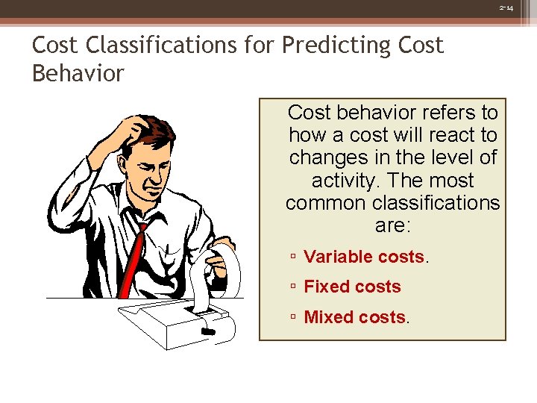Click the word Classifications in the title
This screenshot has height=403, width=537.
coord(178,46)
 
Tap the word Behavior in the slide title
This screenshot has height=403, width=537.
coord(78,74)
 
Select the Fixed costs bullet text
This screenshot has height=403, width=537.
coord(352,287)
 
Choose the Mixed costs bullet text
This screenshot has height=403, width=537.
coord(354,317)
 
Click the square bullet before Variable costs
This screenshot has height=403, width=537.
coord(295,257)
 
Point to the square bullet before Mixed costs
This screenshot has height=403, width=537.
coord(295,318)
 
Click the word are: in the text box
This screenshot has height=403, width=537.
coord(393,225)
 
